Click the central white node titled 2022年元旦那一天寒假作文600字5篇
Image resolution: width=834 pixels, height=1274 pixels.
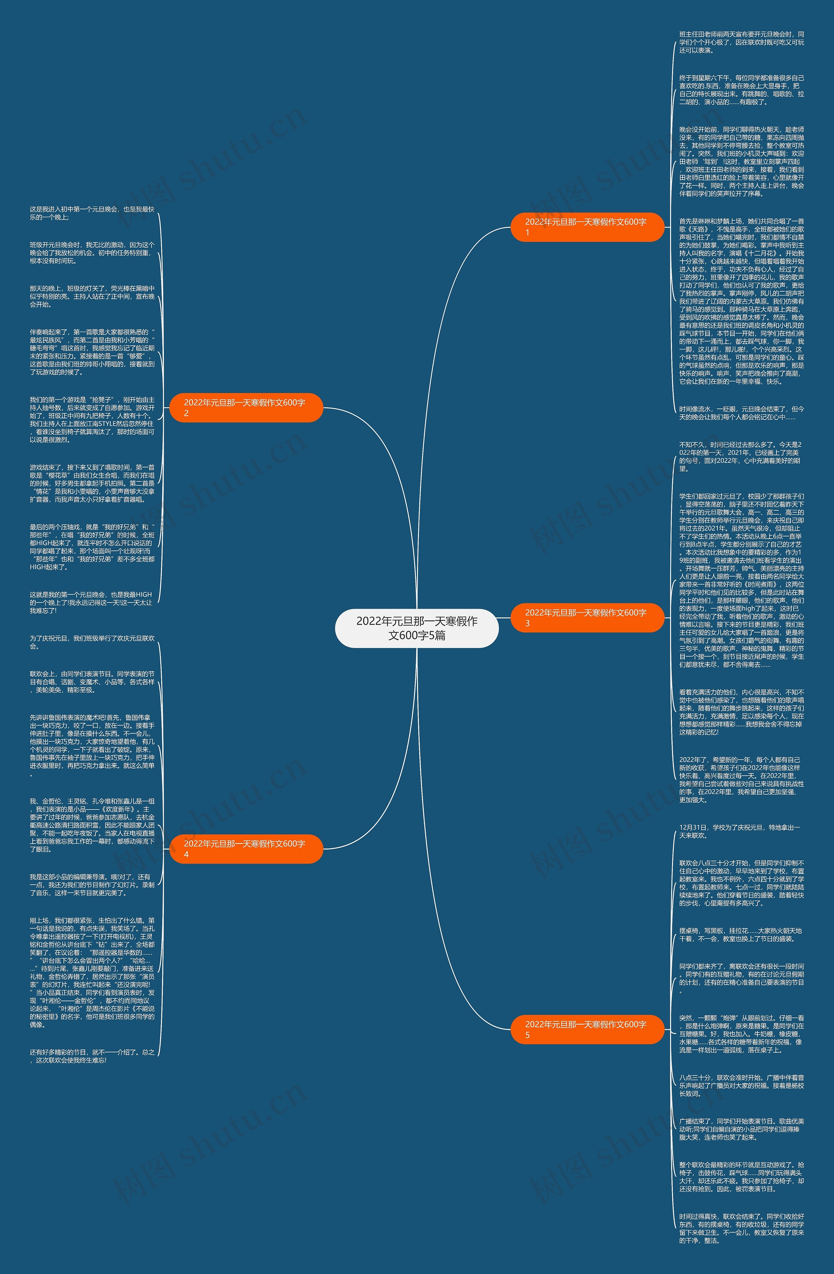point(417,628)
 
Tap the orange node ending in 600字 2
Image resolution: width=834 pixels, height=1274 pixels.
point(246,407)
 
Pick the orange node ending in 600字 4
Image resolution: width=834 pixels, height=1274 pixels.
point(246,849)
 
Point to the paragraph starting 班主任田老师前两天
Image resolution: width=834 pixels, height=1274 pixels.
point(741,42)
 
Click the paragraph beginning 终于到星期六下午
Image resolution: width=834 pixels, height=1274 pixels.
point(741,90)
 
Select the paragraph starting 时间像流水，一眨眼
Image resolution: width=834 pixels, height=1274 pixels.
point(741,413)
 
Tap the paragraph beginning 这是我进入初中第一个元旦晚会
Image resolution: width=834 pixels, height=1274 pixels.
point(92,213)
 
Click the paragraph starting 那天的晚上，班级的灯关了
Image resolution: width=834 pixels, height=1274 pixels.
point(92,296)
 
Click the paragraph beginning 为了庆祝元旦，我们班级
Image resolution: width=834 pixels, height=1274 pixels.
point(92,642)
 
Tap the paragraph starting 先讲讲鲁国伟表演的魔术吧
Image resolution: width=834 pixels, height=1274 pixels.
point(92,745)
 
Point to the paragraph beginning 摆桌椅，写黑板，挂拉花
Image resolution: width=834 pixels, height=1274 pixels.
point(741,934)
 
